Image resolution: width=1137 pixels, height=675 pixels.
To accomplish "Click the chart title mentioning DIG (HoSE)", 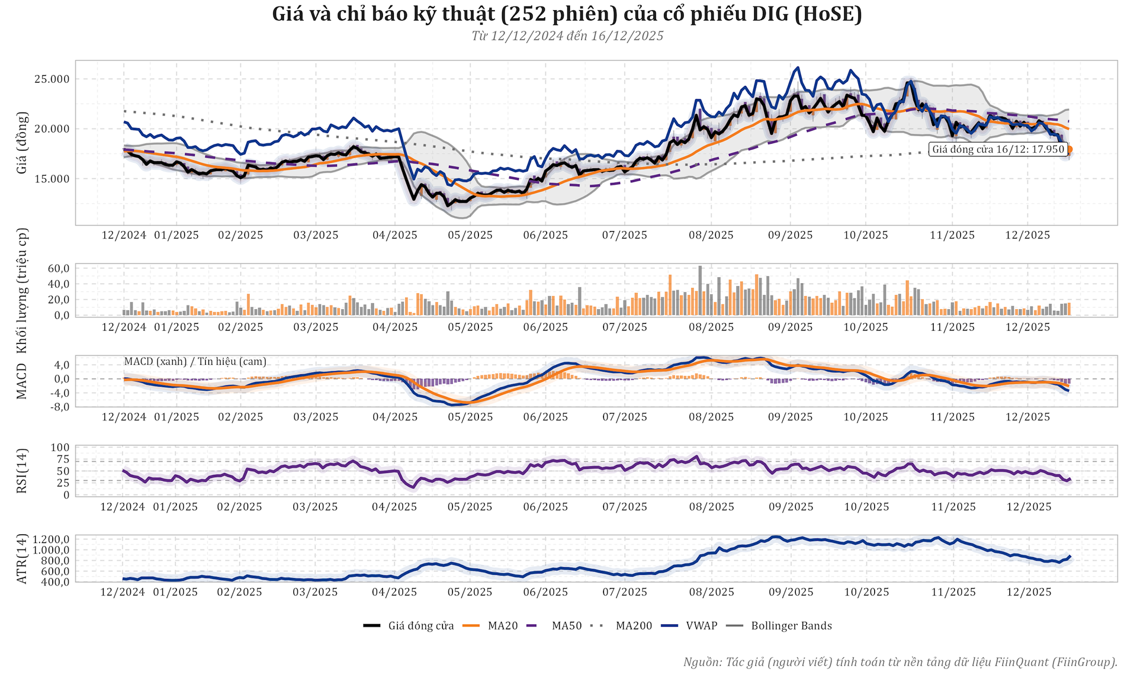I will (x=567, y=14).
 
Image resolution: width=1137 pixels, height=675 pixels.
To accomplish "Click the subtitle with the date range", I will (x=567, y=36).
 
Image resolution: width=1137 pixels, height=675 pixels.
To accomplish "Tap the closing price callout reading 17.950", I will (x=998, y=149).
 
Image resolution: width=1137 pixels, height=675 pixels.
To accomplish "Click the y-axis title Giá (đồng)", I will (x=22, y=143).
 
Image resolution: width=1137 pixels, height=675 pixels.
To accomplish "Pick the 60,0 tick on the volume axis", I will (x=59, y=268).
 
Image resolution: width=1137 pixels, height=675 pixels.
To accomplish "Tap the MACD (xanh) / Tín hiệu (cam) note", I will (x=195, y=361).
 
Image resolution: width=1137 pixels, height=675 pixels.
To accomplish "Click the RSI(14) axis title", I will (x=22, y=471).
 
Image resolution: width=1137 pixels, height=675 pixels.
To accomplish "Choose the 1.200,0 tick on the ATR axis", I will (x=52, y=539).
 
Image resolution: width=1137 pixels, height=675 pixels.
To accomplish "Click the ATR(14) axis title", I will (x=22, y=558).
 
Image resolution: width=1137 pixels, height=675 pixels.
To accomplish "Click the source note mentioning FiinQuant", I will (x=900, y=662).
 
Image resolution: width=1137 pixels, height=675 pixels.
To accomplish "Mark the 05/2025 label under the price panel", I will (x=470, y=235).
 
